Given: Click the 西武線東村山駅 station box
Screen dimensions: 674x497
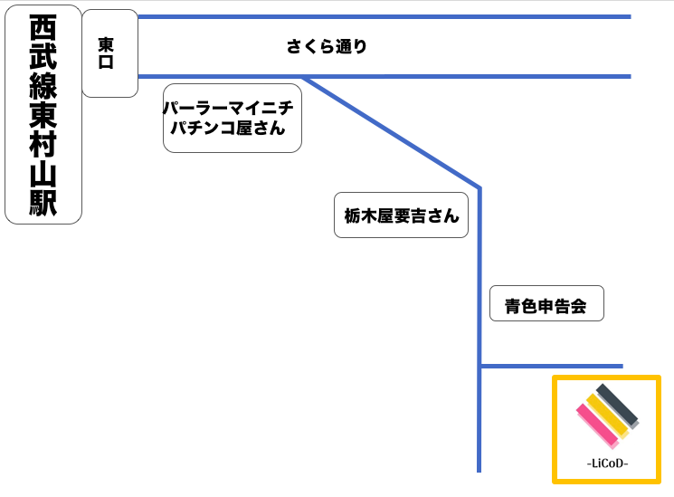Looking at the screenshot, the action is [x=43, y=114].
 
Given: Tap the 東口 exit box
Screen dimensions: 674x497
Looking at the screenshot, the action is [x=109, y=53].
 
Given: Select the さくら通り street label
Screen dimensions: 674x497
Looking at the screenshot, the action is [x=327, y=46].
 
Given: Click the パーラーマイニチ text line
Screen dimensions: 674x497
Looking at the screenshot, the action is [x=228, y=108].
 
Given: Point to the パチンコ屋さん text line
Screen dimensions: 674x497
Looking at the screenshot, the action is [x=228, y=128].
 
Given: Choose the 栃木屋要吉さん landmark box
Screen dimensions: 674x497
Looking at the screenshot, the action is [x=401, y=215].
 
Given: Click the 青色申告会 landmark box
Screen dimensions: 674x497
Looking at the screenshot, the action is [x=546, y=303].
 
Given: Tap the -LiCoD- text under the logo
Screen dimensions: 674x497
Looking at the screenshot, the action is [x=607, y=464].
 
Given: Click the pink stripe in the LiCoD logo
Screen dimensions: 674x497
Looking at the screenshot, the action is [x=597, y=425].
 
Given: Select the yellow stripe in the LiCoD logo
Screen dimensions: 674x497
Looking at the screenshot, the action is [x=607, y=416].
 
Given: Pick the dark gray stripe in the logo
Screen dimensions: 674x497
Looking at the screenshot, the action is [x=617, y=406].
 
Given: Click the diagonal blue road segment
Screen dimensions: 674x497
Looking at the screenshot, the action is [x=392, y=132].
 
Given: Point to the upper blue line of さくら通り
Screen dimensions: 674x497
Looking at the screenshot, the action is [x=384, y=17].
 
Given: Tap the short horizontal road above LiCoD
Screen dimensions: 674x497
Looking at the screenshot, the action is [x=552, y=367].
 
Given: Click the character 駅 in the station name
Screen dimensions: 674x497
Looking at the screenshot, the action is [x=43, y=203].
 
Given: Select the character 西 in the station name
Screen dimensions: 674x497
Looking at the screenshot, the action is [x=43, y=27].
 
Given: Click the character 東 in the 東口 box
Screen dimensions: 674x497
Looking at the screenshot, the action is [x=106, y=44].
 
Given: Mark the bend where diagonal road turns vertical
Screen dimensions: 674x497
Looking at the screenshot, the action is [x=479, y=188].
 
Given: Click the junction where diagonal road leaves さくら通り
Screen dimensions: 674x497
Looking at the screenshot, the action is [x=304, y=78].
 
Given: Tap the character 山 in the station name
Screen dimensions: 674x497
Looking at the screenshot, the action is [x=43, y=174].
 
